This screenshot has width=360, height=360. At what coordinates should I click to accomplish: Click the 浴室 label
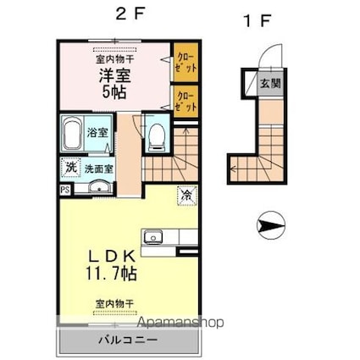pyautogui.click(x=97, y=132)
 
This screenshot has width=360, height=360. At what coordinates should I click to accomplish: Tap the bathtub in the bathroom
pyautogui.click(x=73, y=134)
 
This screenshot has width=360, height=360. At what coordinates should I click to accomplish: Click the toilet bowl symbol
pyautogui.click(x=155, y=136)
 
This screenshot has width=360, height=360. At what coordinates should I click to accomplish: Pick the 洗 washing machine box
pyautogui.click(x=70, y=167)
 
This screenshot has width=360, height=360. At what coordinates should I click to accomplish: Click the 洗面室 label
pyautogui.click(x=98, y=167)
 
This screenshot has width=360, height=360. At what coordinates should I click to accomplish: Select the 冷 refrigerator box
pyautogui.click(x=185, y=194)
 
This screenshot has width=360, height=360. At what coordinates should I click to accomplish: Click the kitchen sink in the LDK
pyautogui.click(x=153, y=236)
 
